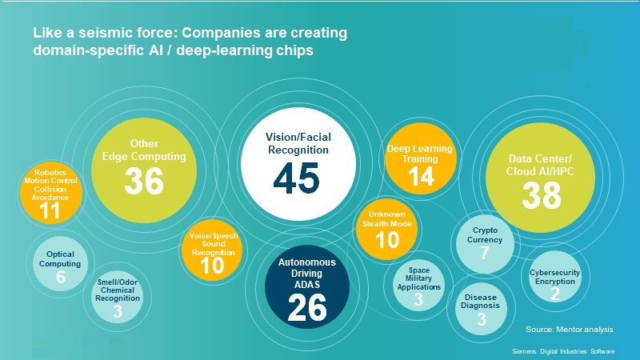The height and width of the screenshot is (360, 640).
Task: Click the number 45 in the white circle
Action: coord(296,178)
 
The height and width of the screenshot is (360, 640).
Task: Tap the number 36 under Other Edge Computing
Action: coord(144,182)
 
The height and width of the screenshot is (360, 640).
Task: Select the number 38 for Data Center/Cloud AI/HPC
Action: coord(542,195)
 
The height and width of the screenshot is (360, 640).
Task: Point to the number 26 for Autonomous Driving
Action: coord(307,307)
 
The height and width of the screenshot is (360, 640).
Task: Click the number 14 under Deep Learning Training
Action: coord(421,176)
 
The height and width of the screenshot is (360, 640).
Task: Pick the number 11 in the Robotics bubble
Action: coord(50,210)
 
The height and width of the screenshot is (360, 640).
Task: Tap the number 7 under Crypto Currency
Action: coord(485,253)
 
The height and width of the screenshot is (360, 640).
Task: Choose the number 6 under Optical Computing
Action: coord(61,277)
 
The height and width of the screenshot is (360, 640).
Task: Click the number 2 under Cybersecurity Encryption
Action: coord(555,294)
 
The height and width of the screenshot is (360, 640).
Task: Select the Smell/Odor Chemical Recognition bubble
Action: coord(118,297)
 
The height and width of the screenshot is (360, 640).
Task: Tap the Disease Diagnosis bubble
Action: coord(482,309)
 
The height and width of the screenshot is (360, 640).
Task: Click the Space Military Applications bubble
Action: coord(418,286)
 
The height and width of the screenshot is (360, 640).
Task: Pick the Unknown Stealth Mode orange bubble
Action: coord(386,230)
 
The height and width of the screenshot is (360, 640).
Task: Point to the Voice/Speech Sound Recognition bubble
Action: coord(212,250)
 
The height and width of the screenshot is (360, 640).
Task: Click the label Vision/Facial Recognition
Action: coord(298,143)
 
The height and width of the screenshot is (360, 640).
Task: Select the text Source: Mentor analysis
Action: coord(570,329)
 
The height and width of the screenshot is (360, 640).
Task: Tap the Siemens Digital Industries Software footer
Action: coord(563,351)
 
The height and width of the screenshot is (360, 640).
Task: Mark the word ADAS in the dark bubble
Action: coord(307,285)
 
